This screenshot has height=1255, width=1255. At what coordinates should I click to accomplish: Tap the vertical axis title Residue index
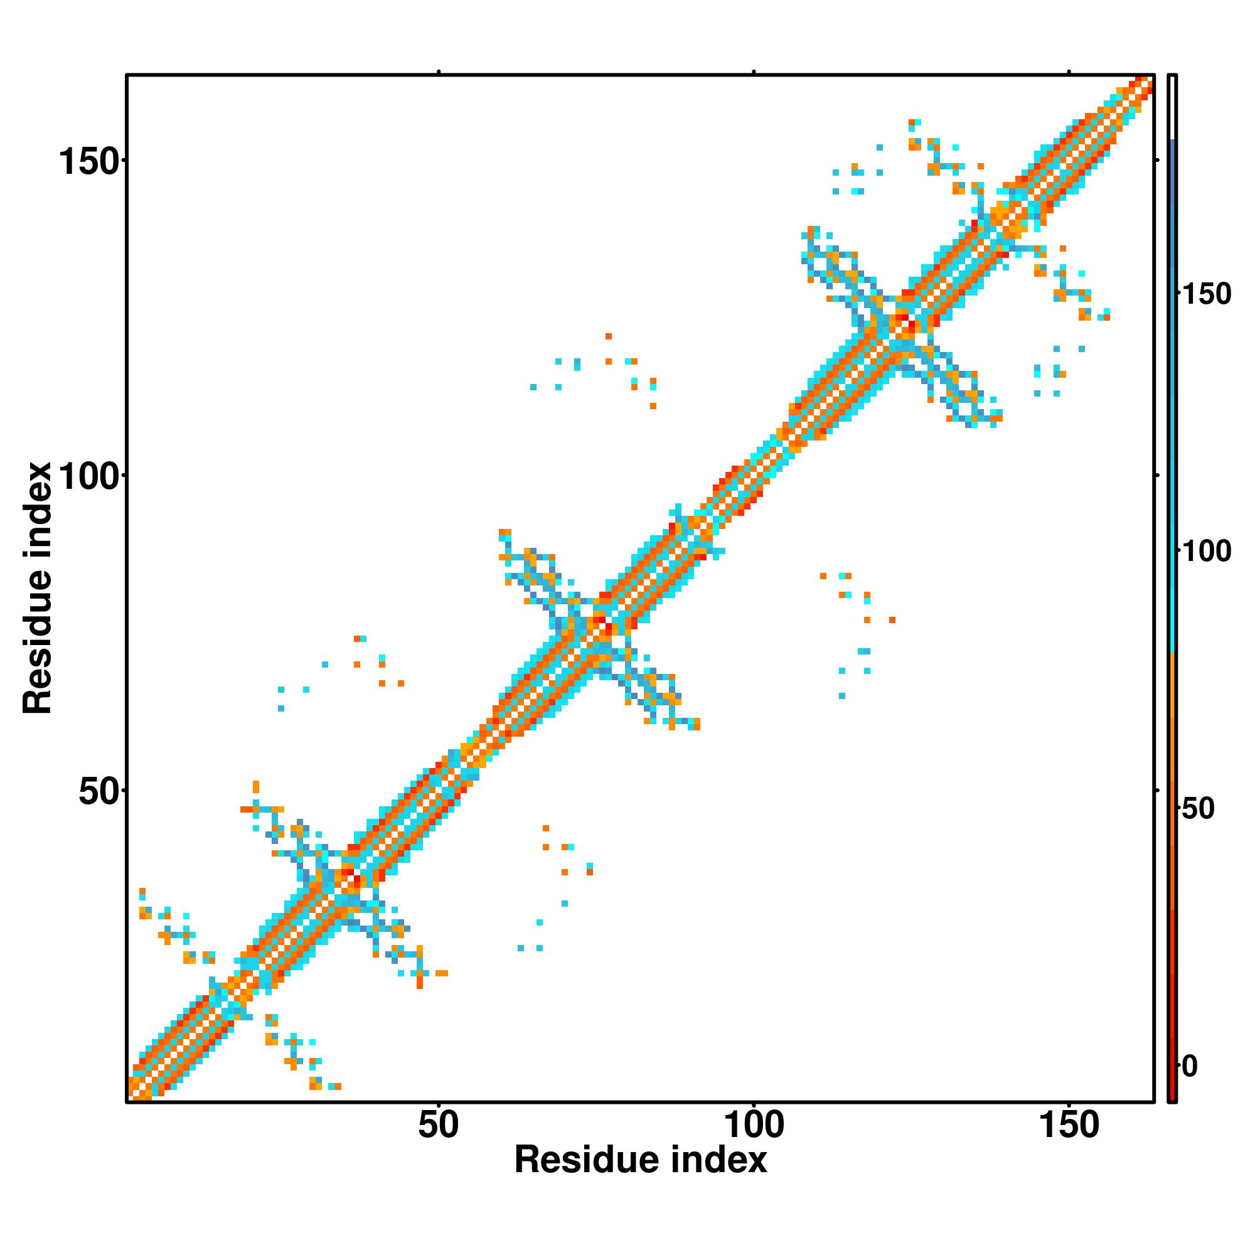tap(37, 588)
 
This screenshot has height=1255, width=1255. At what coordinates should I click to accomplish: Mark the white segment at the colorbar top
tap(1173, 107)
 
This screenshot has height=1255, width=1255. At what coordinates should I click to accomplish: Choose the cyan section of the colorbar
tap(1173, 585)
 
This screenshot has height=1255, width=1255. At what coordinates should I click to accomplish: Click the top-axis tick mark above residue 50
tap(439, 72)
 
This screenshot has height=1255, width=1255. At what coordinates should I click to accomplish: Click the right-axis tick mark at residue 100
tap(1158, 476)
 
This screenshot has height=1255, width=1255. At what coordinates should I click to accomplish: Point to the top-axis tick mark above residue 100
tap(754, 72)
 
